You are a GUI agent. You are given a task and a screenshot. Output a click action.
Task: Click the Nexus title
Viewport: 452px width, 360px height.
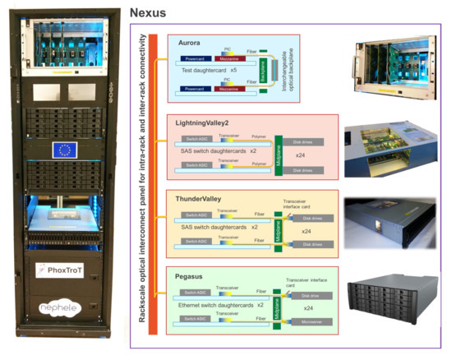point(150,12)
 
